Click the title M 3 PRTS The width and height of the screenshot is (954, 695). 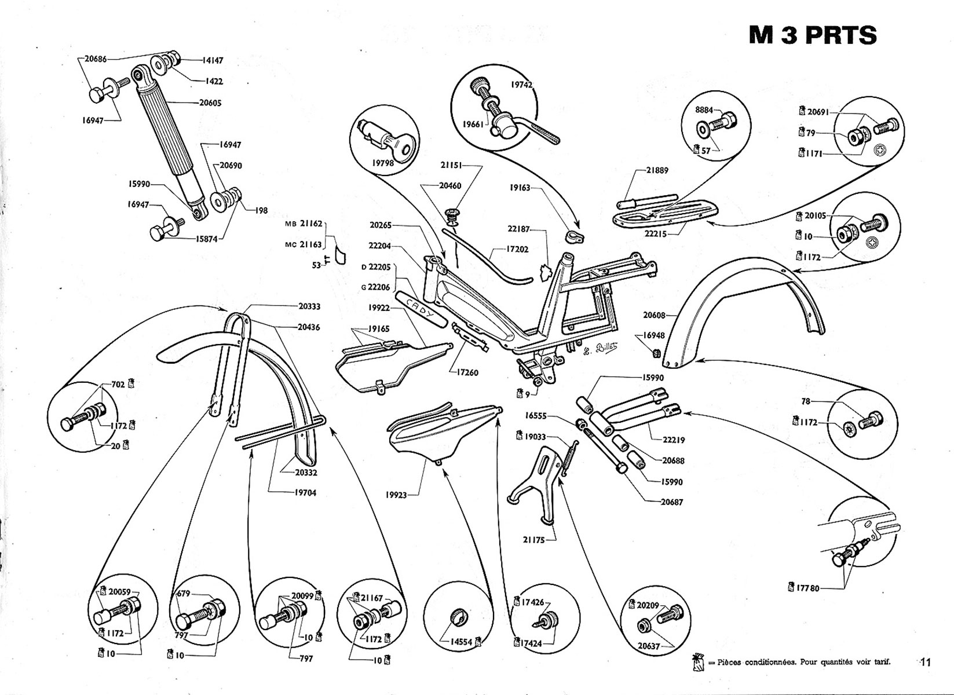[812, 35]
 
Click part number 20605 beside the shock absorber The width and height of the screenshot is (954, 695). [210, 103]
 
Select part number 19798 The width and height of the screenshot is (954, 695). [383, 163]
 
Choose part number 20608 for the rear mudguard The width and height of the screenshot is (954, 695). [654, 316]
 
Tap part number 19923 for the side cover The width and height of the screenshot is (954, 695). [396, 495]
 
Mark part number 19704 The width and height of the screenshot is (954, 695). [304, 493]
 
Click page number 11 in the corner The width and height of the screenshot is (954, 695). [924, 663]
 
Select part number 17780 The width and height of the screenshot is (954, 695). [808, 588]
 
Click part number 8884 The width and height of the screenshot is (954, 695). [704, 110]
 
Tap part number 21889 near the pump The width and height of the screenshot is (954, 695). [657, 170]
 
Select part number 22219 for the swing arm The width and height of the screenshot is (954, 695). [673, 440]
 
